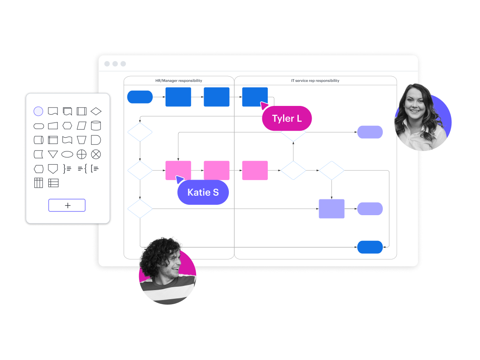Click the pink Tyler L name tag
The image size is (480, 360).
(287, 119)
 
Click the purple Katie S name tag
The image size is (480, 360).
(203, 192)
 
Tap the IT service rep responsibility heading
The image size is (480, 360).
(315, 81)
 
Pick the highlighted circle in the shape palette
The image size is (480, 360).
(38, 111)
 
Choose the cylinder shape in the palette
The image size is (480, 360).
(96, 126)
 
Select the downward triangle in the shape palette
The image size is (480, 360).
(53, 154)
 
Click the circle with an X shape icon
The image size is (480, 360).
(96, 154)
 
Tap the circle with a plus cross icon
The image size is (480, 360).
(82, 154)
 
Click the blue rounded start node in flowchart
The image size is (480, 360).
(140, 97)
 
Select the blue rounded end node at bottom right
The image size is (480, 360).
(370, 247)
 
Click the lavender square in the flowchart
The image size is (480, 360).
(331, 209)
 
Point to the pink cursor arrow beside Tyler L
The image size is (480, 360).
(264, 106)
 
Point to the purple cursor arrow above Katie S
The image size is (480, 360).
(180, 179)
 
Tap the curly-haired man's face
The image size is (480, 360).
(170, 265)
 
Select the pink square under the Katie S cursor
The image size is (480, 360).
(178, 170)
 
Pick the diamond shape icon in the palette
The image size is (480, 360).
(96, 111)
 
